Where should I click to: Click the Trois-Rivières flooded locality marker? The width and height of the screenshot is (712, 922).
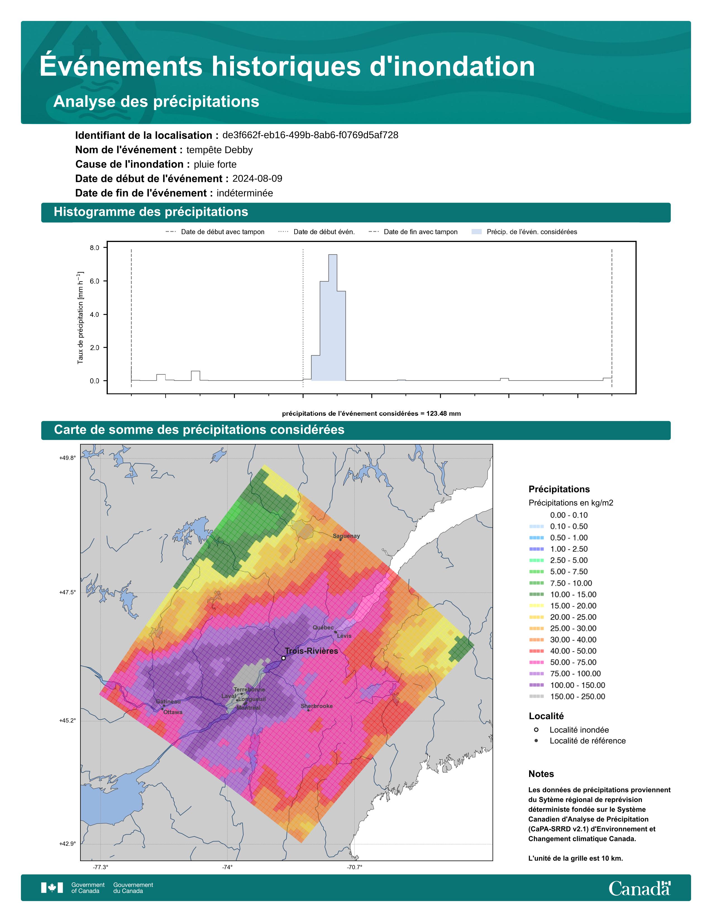point(283,658)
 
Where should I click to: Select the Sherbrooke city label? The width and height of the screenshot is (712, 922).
point(317,706)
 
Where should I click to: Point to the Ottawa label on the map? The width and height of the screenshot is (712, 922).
point(173,712)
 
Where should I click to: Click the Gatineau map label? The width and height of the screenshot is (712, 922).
point(168,701)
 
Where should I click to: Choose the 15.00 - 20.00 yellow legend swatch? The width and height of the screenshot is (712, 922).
point(537,606)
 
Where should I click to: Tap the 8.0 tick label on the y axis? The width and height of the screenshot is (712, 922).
point(94,248)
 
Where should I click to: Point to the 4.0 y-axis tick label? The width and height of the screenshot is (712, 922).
point(94,315)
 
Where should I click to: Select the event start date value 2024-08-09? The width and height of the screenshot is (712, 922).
point(257,179)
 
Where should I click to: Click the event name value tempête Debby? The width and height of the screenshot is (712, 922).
point(220,150)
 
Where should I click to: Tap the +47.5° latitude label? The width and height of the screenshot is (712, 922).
point(68,592)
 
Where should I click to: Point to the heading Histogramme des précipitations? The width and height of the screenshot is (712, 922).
point(151,212)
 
